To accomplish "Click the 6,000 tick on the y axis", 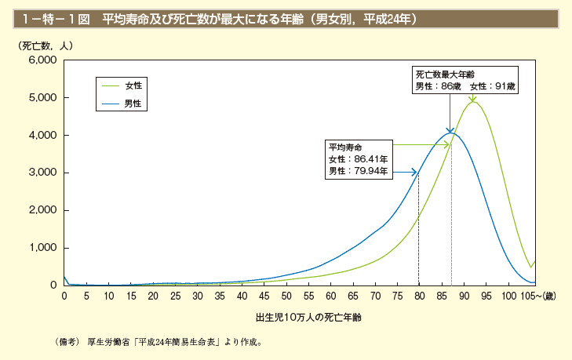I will [42, 60].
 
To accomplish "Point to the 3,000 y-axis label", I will [42, 173].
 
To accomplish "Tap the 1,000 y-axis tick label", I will [42, 248].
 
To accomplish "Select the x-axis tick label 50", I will [286, 296].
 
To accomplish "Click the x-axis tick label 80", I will [419, 296].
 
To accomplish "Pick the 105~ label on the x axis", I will [537, 296].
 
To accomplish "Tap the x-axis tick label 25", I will [176, 296].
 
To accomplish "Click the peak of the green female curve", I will [472, 102].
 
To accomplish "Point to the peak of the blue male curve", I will [450, 133].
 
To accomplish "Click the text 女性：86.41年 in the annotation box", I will [359, 158].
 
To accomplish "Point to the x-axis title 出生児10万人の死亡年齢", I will [308, 318].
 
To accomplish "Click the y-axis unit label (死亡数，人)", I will [45, 45].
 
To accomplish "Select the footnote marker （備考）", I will [68, 342].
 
